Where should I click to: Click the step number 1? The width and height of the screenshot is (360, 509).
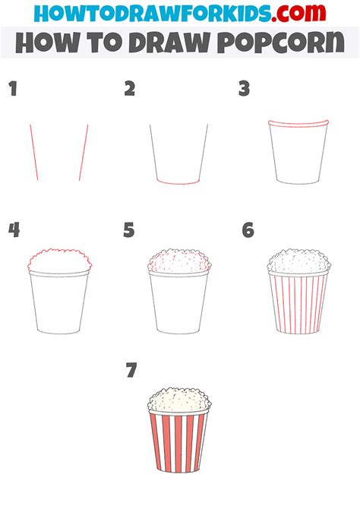point(12,90)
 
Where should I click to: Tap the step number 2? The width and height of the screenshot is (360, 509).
point(130,90)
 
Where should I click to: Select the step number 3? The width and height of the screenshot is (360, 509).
point(244,90)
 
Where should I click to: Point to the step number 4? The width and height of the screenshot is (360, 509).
point(13,230)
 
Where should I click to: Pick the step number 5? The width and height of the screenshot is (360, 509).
point(129,230)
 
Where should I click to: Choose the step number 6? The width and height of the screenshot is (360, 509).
point(248,230)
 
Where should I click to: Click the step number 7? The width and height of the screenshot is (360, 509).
point(132,371)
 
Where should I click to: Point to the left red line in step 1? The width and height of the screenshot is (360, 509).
point(33,153)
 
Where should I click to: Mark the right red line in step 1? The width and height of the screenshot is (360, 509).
point(84,153)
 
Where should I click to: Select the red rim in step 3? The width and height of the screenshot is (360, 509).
point(298,124)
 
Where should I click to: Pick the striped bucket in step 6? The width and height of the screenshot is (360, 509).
point(298,304)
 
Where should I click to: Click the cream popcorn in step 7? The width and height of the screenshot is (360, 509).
point(178,400)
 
